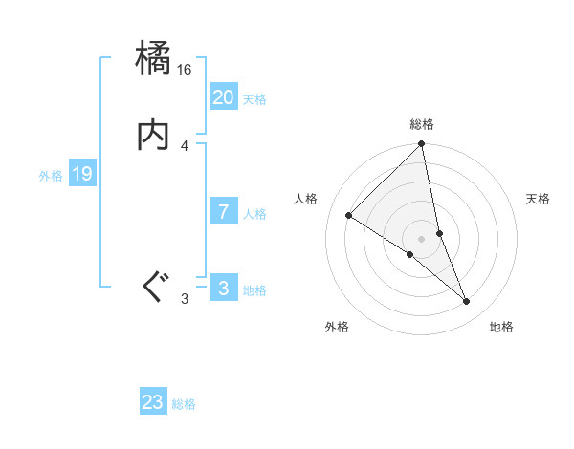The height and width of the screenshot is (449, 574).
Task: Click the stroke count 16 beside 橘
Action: [185, 70]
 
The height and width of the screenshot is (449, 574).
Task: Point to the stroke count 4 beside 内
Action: [185, 146]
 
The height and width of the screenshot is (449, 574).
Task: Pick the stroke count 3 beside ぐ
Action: [185, 299]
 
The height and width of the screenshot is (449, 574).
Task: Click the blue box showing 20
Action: [223, 97]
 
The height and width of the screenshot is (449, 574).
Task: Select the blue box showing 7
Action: [223, 212]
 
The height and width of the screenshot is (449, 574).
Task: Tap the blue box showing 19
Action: [81, 174]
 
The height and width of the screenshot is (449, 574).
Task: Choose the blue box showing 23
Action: [153, 402]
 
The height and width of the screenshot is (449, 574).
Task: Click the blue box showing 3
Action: [223, 289]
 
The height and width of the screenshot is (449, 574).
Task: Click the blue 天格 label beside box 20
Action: [254, 99]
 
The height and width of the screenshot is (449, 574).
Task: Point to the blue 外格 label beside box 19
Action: [50, 176]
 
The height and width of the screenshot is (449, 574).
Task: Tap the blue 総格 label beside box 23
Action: [184, 404]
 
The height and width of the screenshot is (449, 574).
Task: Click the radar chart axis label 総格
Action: [422, 124]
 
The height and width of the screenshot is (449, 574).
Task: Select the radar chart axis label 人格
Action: [306, 199]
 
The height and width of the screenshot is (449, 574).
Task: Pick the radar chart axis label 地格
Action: [501, 327]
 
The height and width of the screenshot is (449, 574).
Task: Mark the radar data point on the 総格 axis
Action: [422, 145]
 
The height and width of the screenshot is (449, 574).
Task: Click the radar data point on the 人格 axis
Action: [349, 216]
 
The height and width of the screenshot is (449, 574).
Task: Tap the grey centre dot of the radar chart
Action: [422, 238]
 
